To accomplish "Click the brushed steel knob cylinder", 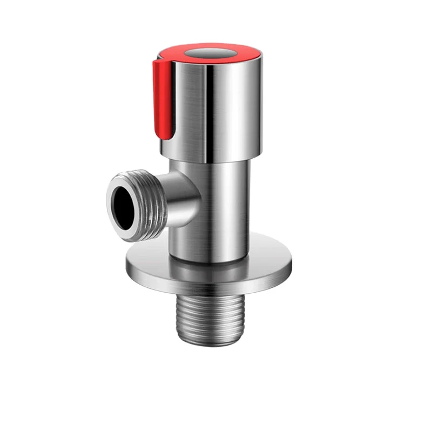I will pos(227,108).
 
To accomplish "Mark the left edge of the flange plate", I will pos(128,264).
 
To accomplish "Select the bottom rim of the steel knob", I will pos(216,158).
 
